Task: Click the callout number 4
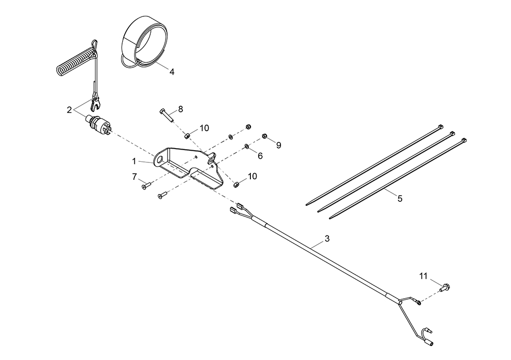point(172,72)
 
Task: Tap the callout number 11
point(423,276)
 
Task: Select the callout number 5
point(400,199)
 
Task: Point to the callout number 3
point(327,238)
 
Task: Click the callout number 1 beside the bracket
point(134,160)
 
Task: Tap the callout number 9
point(278,145)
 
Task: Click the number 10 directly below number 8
point(204,128)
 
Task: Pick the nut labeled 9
point(265,136)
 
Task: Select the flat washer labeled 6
point(247,147)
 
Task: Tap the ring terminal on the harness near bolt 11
point(418,303)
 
